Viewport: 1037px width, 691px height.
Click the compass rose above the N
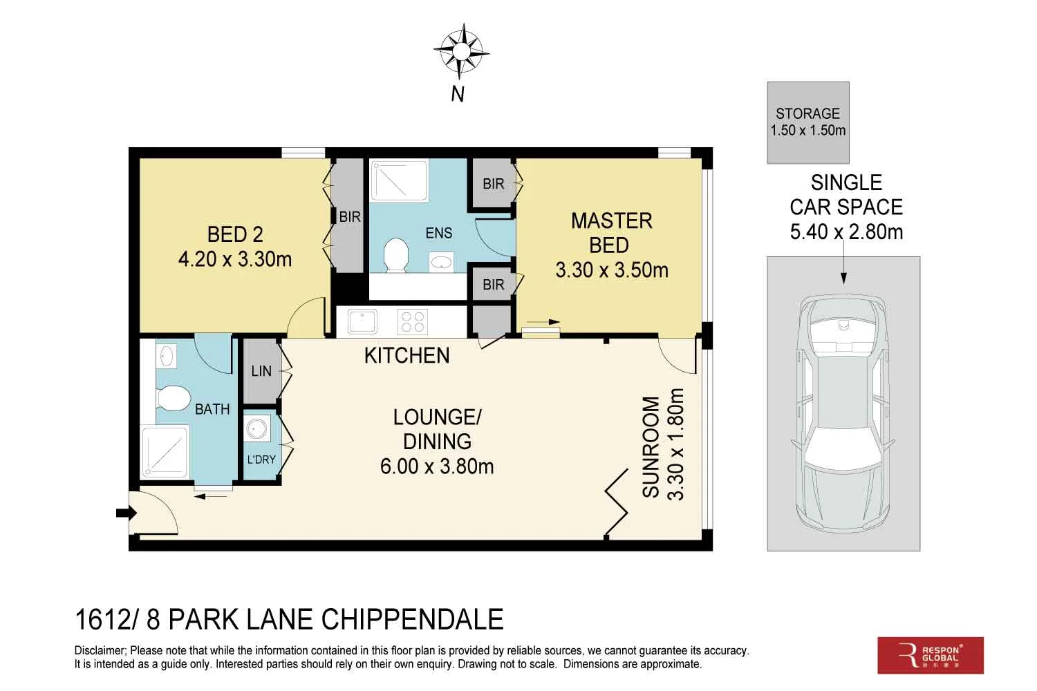click(461, 51)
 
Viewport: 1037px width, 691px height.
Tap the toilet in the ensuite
click(396, 254)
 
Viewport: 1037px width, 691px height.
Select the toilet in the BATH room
click(173, 398)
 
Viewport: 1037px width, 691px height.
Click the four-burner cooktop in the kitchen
click(413, 322)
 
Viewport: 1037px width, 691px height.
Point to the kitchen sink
click(362, 321)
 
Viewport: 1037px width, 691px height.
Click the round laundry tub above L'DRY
click(256, 428)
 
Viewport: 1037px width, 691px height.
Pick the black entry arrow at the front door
click(126, 513)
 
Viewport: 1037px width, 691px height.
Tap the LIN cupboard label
click(261, 371)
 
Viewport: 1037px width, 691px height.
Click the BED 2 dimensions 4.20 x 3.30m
click(235, 259)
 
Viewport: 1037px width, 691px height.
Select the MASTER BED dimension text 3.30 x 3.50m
click(612, 270)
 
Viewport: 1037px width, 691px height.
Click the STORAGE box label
click(808, 113)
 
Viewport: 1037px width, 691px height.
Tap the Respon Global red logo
click(931, 655)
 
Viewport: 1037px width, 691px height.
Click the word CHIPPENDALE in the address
click(413, 619)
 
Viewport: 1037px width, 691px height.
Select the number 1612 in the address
click(102, 619)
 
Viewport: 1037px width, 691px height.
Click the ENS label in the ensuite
click(438, 233)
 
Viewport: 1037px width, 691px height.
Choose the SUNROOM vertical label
click(651, 447)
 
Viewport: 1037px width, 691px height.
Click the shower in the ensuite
click(399, 180)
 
